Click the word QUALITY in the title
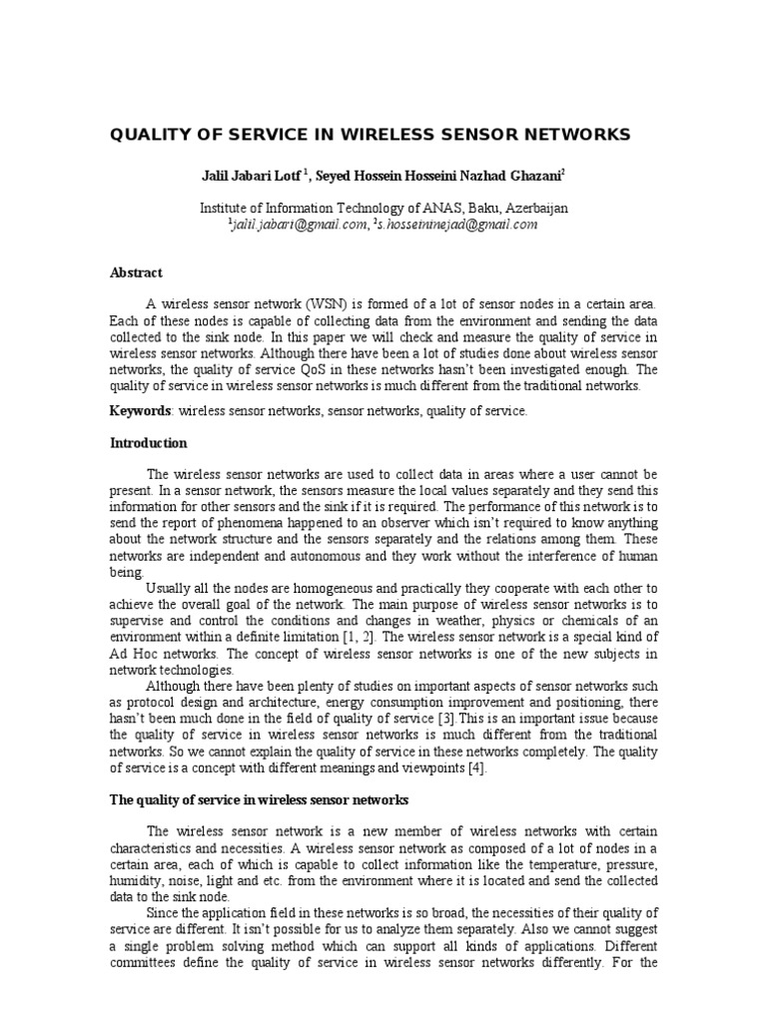coord(151,134)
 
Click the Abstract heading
coord(136,272)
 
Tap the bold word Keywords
coord(140,411)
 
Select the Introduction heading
coord(148,443)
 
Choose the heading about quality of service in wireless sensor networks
coord(259,800)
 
